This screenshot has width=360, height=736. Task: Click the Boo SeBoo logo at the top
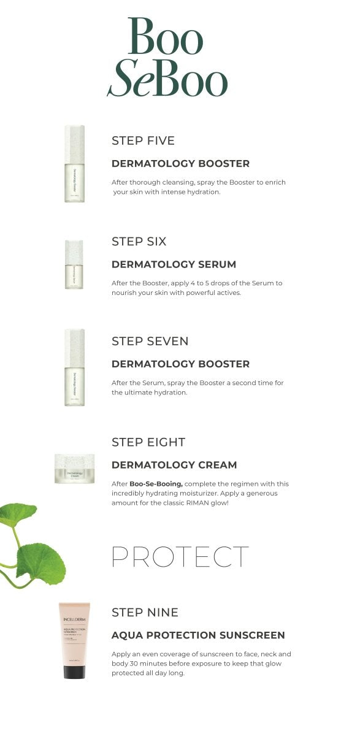167,57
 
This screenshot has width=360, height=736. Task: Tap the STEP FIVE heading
143,140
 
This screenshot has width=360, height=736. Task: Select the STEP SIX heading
139,241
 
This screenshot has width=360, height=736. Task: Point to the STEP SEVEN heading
150,341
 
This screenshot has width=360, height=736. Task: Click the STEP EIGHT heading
148,442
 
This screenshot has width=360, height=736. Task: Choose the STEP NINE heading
145,612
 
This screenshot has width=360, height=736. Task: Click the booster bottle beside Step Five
74,164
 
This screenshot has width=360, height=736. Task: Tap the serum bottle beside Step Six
74,264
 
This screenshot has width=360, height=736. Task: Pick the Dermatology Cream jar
74,469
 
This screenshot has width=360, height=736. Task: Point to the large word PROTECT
180,556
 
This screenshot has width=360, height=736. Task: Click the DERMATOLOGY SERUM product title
174,264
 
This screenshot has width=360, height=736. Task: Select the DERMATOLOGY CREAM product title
174,465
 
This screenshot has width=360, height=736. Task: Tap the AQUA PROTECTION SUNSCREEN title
198,635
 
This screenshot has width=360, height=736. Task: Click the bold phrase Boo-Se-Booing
156,484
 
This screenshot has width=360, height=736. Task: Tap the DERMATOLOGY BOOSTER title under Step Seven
180,364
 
